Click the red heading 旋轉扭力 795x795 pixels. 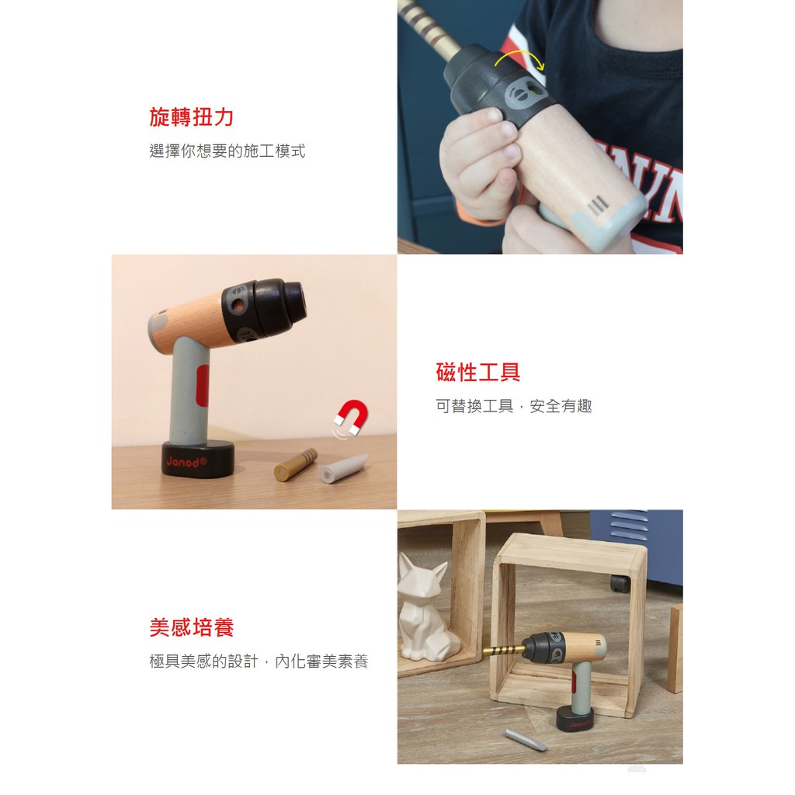coord(191,117)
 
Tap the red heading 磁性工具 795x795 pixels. coord(477,372)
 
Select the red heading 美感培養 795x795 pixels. coord(191,627)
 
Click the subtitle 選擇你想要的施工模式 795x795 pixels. coord(227,151)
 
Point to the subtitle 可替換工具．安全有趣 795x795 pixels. coord(514,406)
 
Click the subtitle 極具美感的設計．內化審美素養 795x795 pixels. coord(259,661)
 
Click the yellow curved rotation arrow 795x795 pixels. coord(519,57)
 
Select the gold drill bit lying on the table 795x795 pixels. coord(296,464)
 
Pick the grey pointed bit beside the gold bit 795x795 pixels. coord(343,470)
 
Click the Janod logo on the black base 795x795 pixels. coord(186,462)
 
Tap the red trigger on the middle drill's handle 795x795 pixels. coord(203,385)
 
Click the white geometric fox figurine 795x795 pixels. coord(426,607)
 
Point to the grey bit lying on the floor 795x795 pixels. coord(526,740)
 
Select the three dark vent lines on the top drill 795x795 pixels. coord(598,206)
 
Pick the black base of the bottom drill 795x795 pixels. coord(575,718)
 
